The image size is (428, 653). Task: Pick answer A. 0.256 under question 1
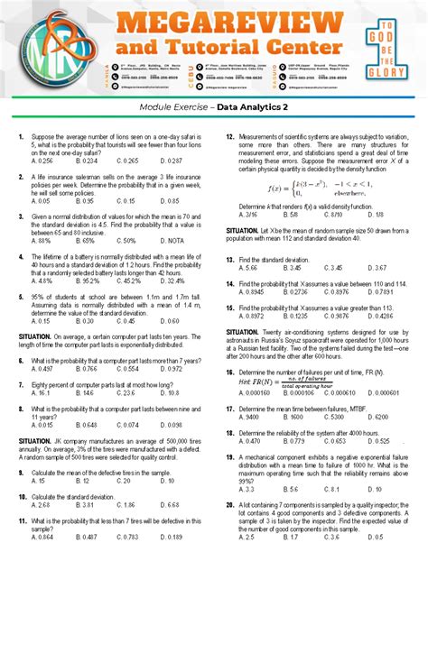click(x=42, y=161)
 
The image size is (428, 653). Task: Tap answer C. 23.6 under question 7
click(x=126, y=393)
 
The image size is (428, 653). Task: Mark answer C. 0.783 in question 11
click(x=128, y=537)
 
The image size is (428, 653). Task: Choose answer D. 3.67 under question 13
click(x=377, y=268)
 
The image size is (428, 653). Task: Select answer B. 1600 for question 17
click(x=293, y=418)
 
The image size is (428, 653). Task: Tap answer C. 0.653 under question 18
click(x=335, y=441)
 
